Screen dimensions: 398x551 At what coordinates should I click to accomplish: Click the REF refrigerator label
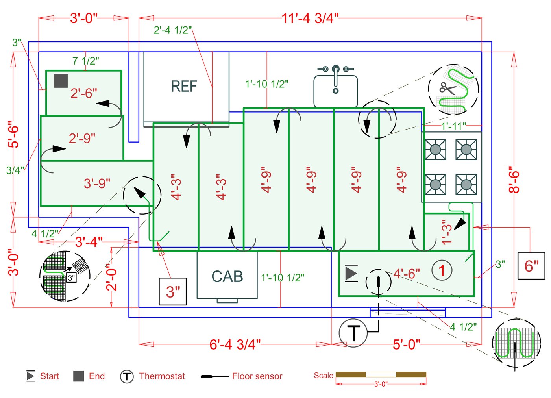point(184,86)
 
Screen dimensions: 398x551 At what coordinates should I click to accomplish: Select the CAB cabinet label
point(227,276)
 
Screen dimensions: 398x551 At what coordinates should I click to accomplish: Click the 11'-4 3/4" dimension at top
point(310,18)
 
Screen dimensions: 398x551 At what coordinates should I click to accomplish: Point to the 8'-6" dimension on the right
point(514,182)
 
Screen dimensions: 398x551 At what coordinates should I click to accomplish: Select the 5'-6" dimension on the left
point(13,134)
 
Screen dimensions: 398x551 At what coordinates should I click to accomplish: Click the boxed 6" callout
point(531,266)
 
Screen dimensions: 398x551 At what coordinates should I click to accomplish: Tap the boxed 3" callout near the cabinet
point(172,292)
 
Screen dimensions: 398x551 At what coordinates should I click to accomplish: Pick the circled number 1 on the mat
point(442,270)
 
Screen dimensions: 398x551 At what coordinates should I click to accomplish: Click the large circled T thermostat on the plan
point(353,333)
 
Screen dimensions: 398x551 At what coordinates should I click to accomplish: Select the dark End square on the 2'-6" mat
point(61,81)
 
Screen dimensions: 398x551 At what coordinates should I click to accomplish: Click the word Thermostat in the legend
point(162,376)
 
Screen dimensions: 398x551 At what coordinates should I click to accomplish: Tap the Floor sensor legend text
point(257,376)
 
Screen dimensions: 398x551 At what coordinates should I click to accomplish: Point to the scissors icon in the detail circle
point(447,88)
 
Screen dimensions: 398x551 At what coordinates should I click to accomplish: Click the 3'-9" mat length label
point(97,183)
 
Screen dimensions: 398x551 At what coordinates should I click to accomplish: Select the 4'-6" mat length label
point(407,273)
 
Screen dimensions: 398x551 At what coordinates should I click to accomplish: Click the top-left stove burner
point(435,150)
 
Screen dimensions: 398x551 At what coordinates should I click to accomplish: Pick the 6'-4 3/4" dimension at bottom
point(235,344)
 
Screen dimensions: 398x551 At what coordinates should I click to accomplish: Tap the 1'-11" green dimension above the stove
point(453,126)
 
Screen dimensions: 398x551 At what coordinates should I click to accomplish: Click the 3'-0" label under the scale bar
point(381,384)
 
